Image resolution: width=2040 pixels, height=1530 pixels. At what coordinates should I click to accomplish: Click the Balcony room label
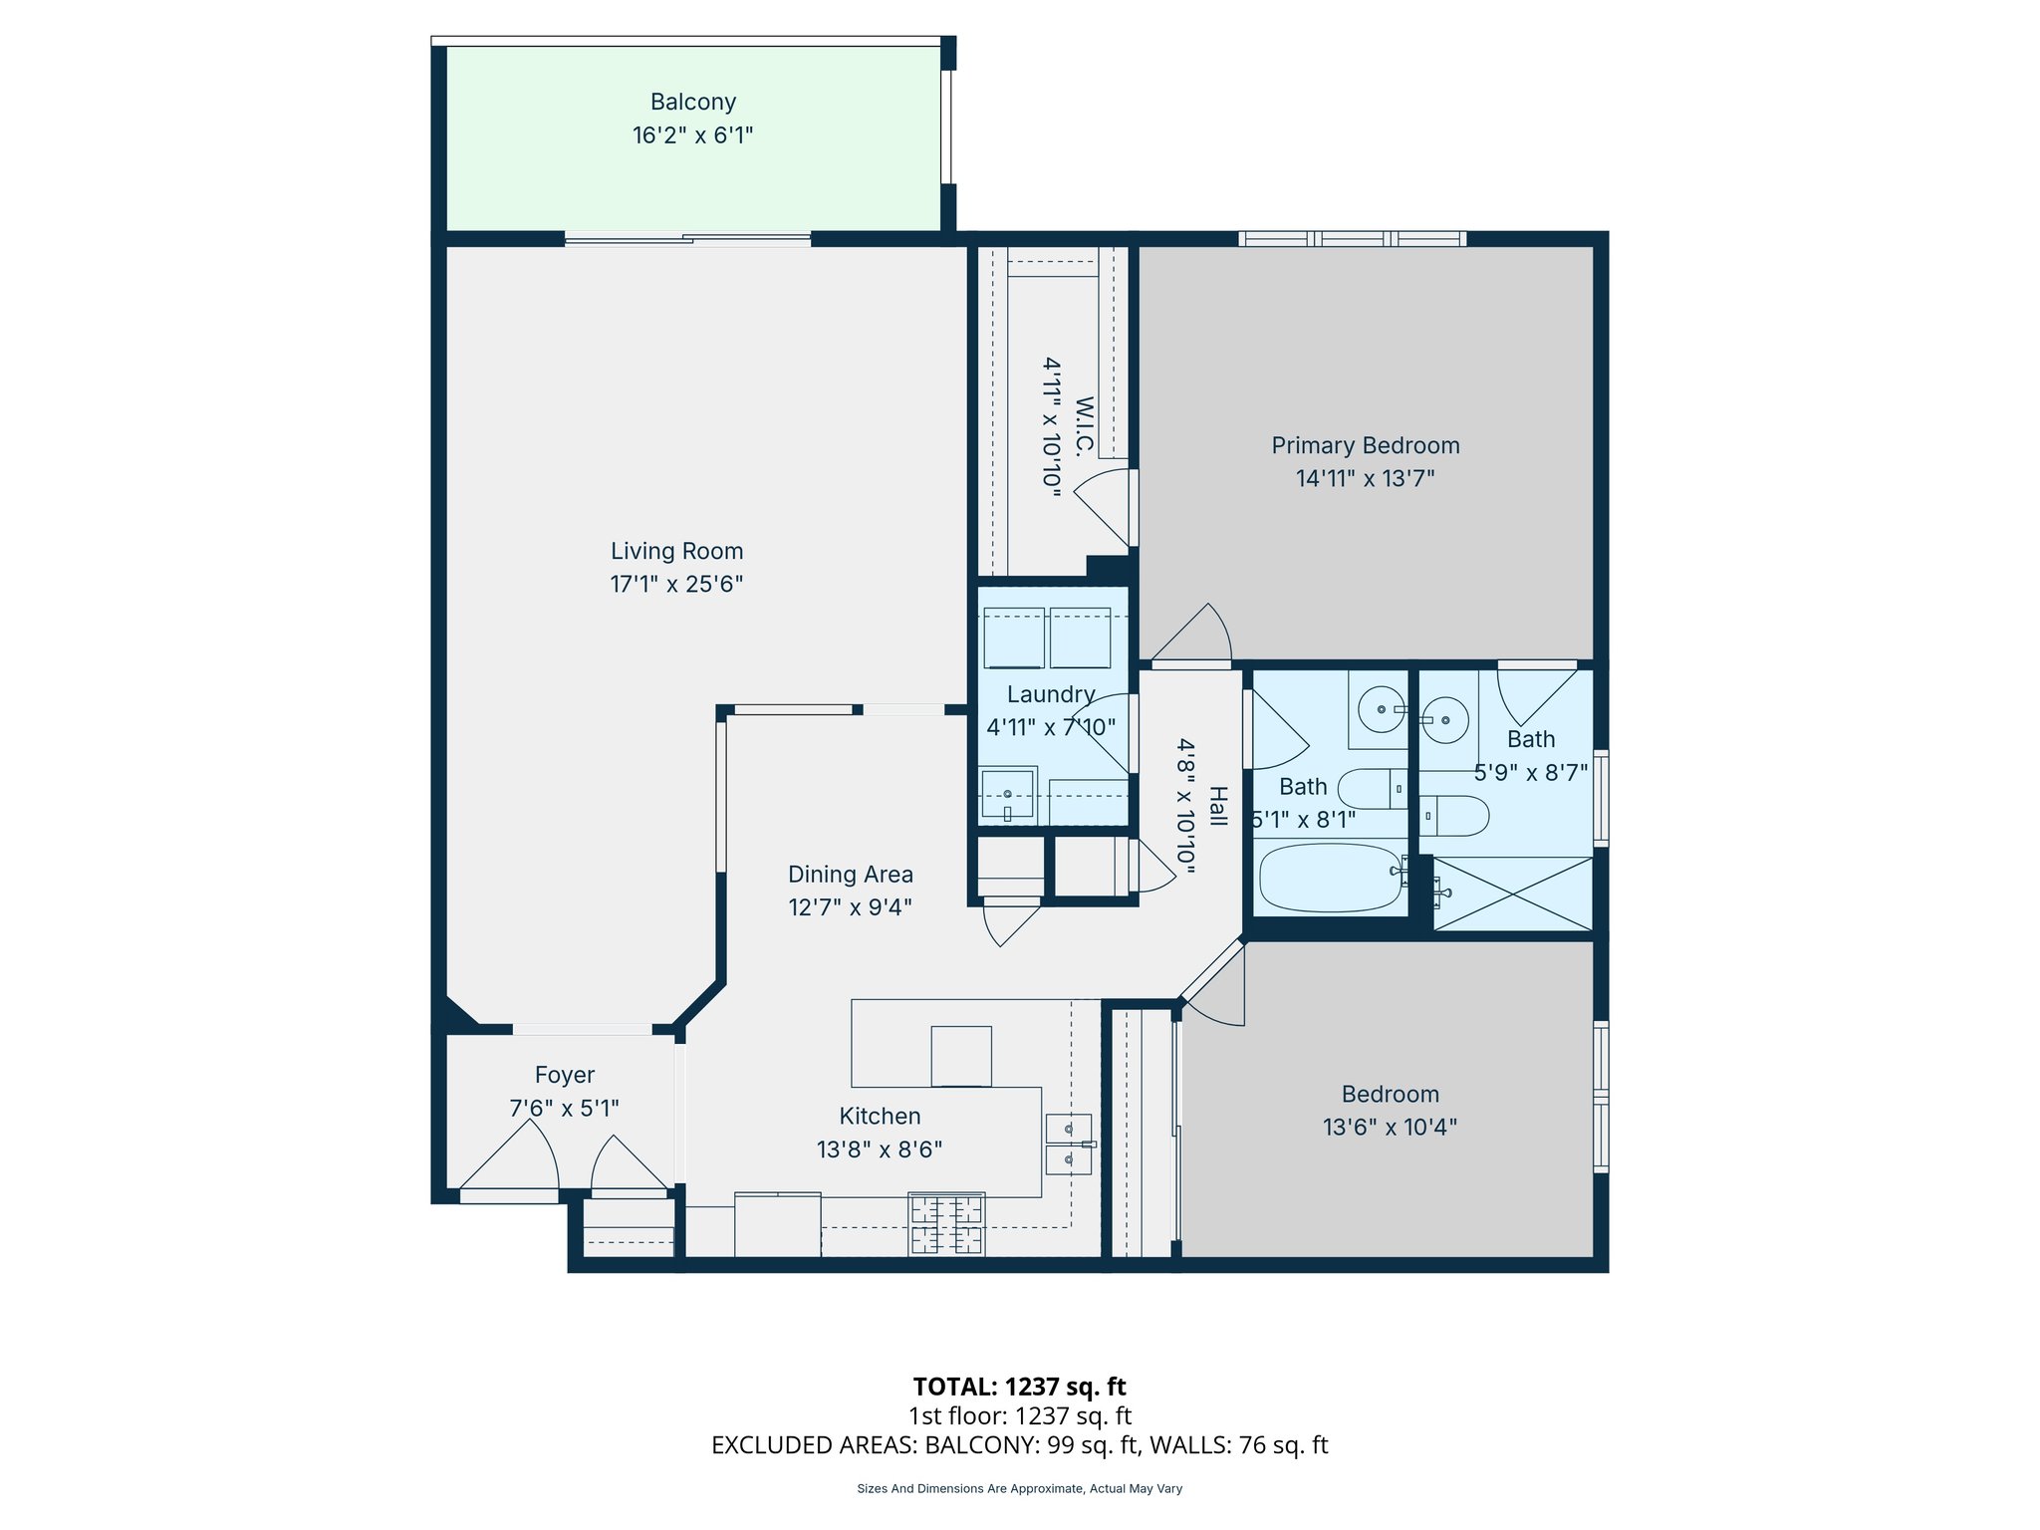693,103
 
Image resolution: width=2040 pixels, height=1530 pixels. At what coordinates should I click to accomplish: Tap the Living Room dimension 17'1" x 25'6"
676,584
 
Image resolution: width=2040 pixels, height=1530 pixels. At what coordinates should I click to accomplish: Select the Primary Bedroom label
1365,445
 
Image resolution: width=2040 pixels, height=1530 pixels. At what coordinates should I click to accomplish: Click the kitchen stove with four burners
946,1224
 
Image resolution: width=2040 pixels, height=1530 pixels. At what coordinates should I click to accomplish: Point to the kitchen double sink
1069,1145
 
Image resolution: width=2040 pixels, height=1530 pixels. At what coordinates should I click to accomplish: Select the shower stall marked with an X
1513,893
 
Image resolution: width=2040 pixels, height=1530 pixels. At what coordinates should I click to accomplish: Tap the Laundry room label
1051,694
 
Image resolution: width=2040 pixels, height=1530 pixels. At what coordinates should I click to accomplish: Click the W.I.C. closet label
1084,426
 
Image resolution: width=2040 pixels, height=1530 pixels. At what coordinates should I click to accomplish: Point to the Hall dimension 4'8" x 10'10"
1184,807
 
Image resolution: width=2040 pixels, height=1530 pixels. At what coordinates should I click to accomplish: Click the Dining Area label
850,875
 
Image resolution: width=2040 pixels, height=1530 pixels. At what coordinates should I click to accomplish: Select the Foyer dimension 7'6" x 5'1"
564,1108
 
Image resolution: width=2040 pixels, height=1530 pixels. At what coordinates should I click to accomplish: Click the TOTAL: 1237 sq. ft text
1019,1387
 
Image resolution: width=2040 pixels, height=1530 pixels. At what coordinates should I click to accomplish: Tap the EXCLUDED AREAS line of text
1019,1445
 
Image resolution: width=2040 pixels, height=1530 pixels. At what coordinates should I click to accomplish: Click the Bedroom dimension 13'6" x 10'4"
1390,1127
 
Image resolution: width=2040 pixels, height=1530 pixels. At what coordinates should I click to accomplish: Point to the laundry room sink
1007,794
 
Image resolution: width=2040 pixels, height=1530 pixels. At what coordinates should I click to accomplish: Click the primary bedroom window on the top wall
1352,239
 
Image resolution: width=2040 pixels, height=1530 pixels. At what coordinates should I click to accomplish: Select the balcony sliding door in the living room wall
687,239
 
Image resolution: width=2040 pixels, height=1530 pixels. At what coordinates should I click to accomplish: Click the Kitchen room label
880,1117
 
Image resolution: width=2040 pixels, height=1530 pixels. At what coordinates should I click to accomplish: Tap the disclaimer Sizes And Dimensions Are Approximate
1019,1489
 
